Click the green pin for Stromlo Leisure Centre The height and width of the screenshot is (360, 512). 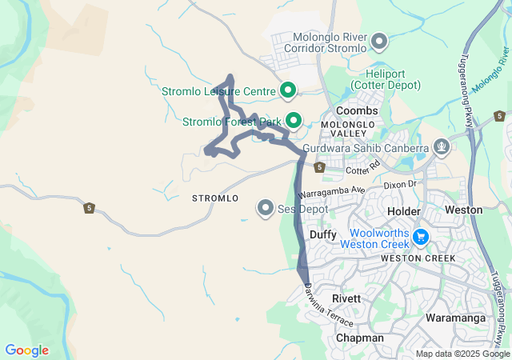(286, 90)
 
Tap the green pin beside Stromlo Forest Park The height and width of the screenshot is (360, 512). (294, 122)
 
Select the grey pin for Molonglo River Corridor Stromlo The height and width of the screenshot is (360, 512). (380, 41)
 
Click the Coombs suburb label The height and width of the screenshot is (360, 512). (357, 110)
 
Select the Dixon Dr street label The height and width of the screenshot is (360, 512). (401, 185)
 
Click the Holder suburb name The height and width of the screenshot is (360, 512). (403, 210)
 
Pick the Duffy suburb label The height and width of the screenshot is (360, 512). (323, 234)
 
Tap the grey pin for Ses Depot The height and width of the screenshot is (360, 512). (266, 208)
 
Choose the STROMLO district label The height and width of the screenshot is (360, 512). (215, 198)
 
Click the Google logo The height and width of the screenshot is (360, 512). (27, 350)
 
